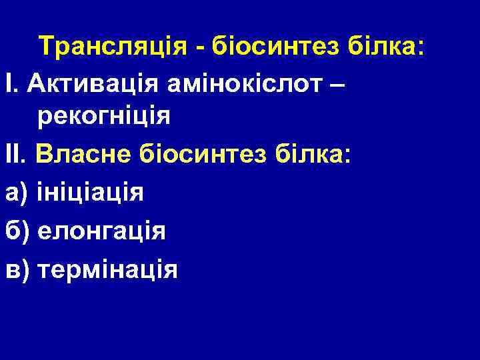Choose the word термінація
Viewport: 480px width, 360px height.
108,269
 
